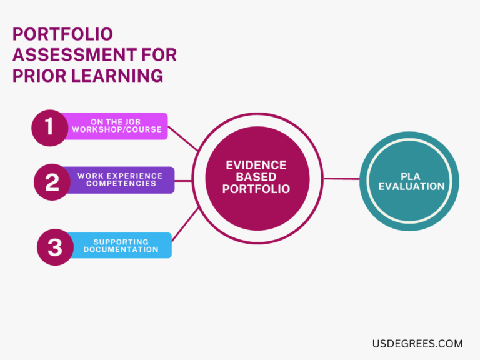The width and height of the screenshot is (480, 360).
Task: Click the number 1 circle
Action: click(x=49, y=127)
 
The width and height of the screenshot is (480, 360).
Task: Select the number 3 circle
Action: click(x=55, y=247)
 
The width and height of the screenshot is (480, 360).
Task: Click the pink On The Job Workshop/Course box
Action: click(x=116, y=126)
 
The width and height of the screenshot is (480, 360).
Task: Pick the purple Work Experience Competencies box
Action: click(x=120, y=180)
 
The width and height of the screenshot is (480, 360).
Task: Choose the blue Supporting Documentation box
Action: click(x=121, y=246)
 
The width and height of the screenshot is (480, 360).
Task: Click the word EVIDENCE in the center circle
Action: click(x=256, y=166)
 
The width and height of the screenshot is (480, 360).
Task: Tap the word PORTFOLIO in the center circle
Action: click(x=256, y=189)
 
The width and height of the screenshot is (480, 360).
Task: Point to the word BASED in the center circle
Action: click(x=256, y=177)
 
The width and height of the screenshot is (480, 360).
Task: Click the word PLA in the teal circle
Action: click(x=411, y=176)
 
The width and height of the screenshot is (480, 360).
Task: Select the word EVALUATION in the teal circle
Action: click(x=411, y=186)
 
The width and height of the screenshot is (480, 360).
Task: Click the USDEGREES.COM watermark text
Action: click(x=417, y=343)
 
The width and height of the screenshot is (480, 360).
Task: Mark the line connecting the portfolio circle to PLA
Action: click(x=342, y=179)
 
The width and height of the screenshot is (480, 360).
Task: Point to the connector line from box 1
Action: click(x=183, y=138)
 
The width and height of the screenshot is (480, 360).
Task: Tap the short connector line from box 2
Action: click(x=183, y=181)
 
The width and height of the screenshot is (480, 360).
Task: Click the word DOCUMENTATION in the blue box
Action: click(x=121, y=249)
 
